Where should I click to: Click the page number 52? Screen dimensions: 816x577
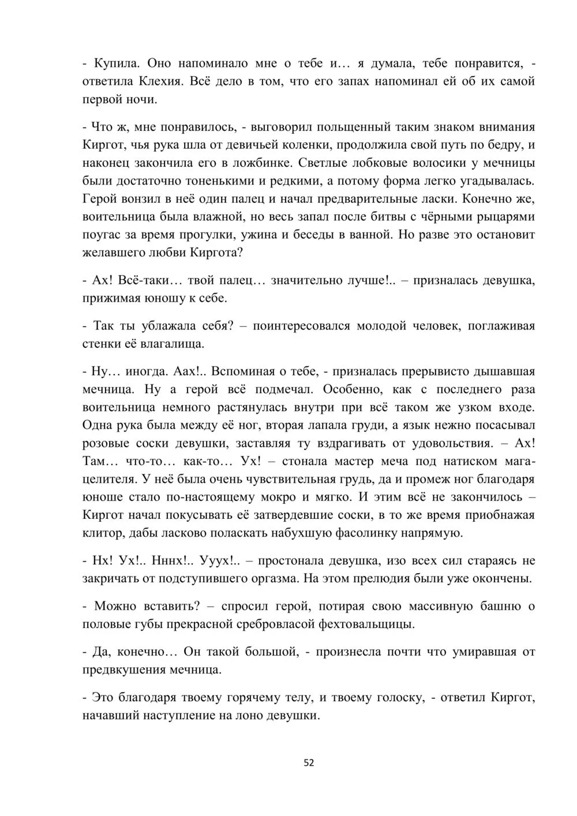click(x=309, y=762)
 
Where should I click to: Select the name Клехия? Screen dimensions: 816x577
click(x=161, y=81)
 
